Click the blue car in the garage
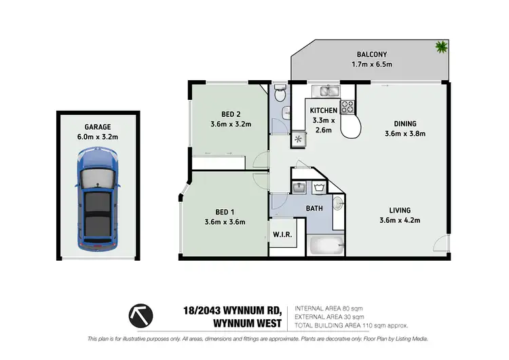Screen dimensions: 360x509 (99, 201)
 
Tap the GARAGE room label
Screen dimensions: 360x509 (98, 126)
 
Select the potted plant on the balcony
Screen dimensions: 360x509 (442, 47)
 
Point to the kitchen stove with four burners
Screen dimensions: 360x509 (347, 106)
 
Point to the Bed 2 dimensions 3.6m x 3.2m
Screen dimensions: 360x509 (231, 124)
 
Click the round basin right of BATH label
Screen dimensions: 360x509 (338, 202)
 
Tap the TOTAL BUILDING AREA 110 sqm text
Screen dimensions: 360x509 (352, 325)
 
